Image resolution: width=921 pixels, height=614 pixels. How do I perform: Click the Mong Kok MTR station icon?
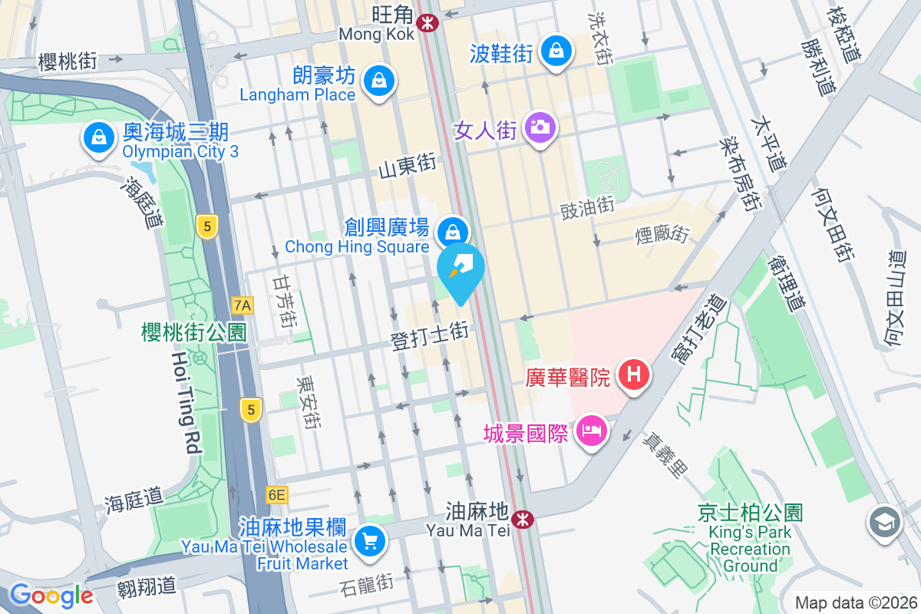[427, 23]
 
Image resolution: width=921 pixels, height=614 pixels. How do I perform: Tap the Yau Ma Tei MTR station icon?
[523, 520]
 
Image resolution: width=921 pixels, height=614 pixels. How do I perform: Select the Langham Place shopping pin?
[378, 80]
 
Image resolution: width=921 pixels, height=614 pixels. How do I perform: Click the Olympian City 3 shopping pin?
[98, 138]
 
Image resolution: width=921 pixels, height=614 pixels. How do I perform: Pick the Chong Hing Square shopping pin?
[453, 231]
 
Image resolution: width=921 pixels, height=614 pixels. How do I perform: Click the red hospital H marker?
[634, 375]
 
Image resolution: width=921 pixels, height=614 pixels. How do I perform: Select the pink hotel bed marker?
[592, 431]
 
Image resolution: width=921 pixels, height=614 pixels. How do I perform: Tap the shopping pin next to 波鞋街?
[555, 51]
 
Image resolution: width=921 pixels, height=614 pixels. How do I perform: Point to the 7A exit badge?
[243, 305]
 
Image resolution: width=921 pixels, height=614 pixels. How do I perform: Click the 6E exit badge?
[276, 495]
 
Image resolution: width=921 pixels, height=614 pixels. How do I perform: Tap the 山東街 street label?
[407, 164]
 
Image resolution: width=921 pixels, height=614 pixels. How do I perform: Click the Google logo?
[51, 596]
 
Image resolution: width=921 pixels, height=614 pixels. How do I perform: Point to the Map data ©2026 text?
[855, 602]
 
